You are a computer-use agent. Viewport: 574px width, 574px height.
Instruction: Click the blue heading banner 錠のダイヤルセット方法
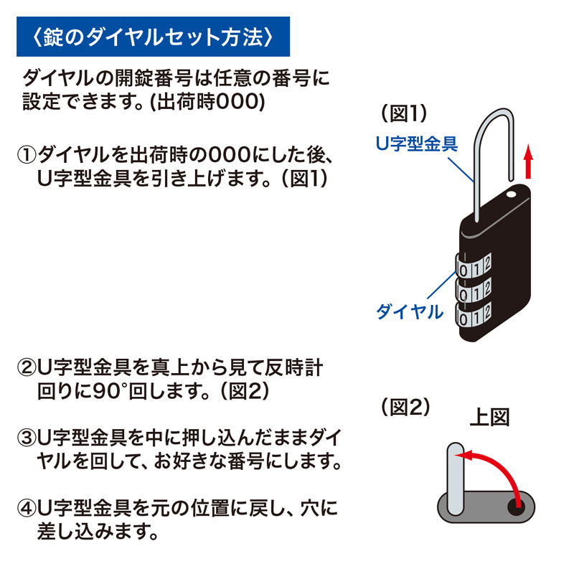(x=153, y=37)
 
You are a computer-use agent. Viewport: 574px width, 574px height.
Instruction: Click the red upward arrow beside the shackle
(x=528, y=161)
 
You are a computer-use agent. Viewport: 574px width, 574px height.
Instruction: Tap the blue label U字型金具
(x=417, y=143)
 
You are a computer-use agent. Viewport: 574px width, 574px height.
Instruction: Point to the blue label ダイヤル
(x=409, y=311)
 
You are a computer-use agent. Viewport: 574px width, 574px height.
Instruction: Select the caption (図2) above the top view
(x=405, y=407)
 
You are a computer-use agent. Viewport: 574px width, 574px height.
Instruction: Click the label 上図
(x=489, y=417)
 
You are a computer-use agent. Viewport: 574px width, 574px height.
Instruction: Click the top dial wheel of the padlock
(x=474, y=268)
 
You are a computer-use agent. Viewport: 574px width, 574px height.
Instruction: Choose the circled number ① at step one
(x=27, y=154)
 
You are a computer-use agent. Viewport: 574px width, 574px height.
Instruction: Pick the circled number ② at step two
(x=27, y=368)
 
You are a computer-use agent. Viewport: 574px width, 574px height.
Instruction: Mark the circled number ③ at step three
(x=27, y=436)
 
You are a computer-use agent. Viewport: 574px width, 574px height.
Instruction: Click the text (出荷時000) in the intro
(x=205, y=101)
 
